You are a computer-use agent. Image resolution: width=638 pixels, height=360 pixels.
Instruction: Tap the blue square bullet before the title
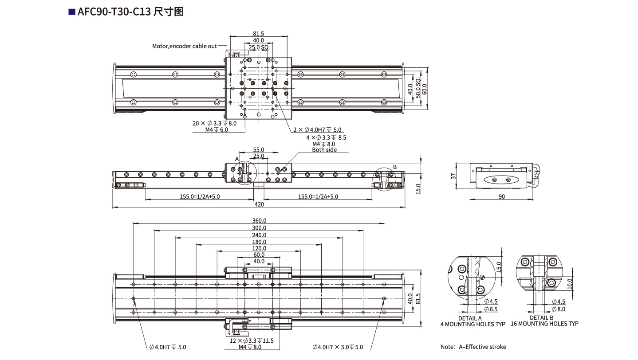[71, 12]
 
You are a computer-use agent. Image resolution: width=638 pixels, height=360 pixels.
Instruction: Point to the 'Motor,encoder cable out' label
[185, 46]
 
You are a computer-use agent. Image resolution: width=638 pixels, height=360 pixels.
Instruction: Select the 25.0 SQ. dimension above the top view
[259, 47]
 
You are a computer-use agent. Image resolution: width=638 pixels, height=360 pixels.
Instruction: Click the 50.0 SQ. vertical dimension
[417, 90]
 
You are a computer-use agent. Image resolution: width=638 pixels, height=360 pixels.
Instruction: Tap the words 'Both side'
[324, 150]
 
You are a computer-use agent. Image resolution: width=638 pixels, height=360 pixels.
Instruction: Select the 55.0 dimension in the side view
[259, 150]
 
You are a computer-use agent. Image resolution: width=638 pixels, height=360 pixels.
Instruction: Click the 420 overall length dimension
[259, 204]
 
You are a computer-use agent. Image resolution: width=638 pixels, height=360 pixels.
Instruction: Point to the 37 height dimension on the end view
[453, 176]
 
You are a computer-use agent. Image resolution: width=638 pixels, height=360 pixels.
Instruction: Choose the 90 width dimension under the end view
[501, 196]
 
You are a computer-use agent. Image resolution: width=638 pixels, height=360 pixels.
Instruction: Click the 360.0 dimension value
[259, 221]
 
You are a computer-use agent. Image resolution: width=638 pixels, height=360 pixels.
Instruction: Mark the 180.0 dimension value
[259, 242]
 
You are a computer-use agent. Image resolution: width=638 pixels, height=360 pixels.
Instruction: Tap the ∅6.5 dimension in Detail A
[490, 309]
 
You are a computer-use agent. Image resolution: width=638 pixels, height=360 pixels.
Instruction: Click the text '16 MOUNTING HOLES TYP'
[544, 324]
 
